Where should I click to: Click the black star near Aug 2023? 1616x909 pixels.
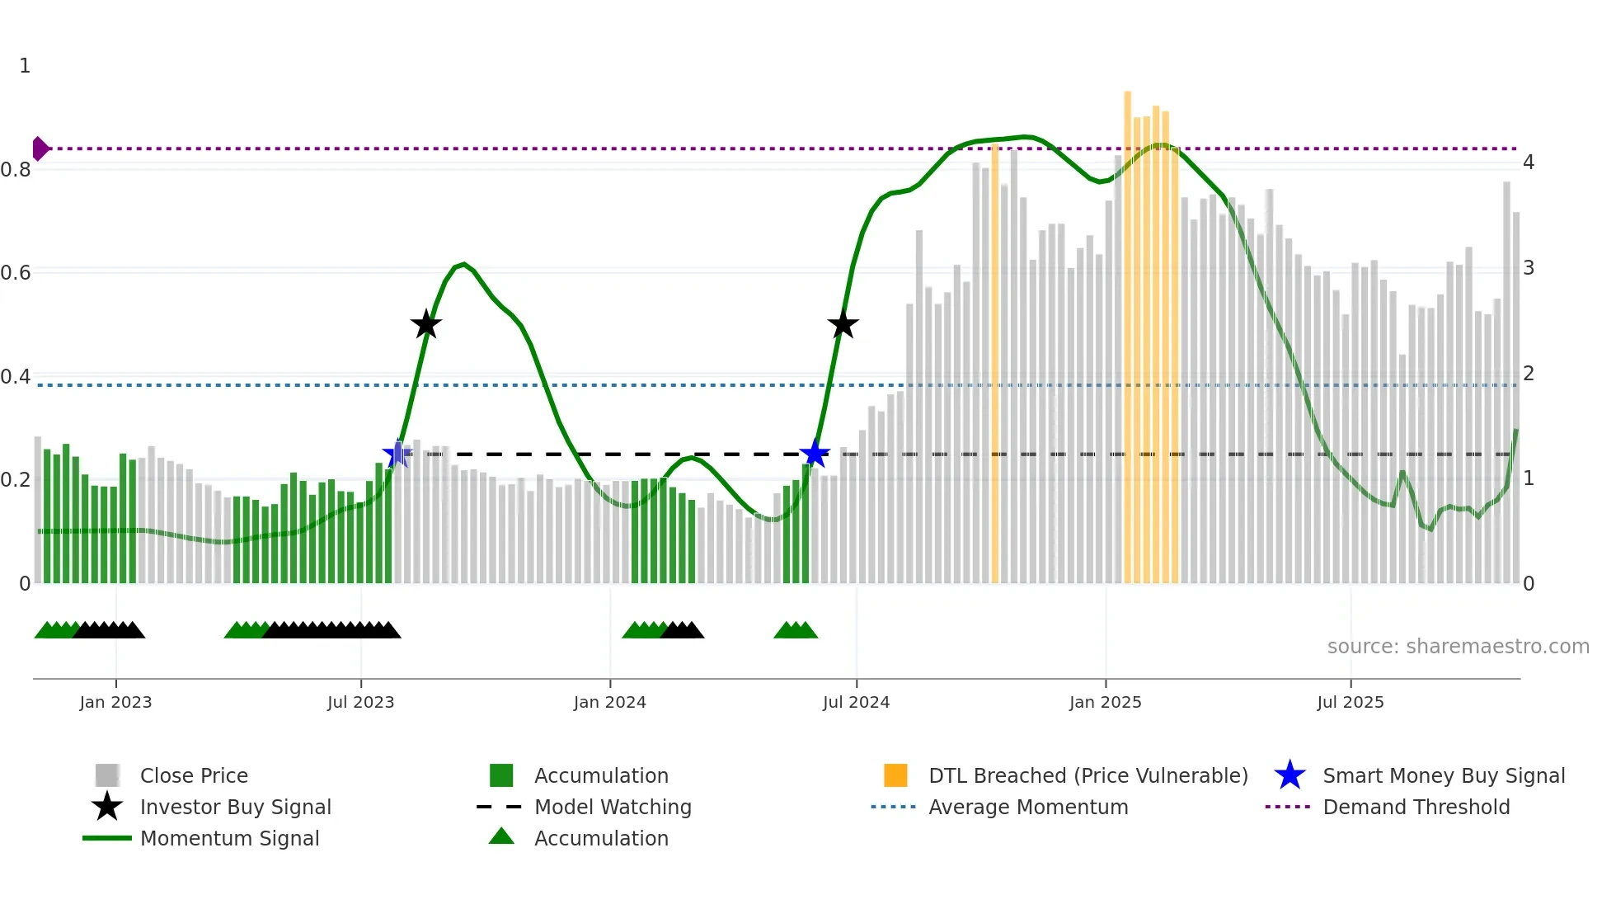tap(425, 325)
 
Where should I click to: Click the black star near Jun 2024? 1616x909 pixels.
tap(843, 325)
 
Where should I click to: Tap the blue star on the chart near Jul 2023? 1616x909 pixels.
tap(397, 454)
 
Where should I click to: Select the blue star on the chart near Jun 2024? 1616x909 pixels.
tap(815, 454)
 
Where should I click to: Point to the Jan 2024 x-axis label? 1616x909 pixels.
tap(609, 703)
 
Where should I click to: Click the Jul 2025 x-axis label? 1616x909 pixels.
tap(1350, 703)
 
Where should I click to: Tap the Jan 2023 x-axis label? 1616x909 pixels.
tap(115, 703)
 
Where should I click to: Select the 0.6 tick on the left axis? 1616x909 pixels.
tap(16, 272)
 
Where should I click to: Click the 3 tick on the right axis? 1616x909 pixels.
tap(1528, 268)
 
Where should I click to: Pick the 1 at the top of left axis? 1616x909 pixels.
tap(25, 66)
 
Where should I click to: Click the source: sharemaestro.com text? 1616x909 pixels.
tap(1458, 647)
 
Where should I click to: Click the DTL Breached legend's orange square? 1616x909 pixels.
tap(895, 775)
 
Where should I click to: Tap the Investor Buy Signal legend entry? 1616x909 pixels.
tap(235, 808)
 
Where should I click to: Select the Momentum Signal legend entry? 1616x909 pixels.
tap(229, 839)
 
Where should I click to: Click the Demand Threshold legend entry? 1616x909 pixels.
tap(1416, 808)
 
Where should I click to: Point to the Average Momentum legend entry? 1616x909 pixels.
tap(1027, 808)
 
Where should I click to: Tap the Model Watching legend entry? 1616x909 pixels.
tap(612, 808)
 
